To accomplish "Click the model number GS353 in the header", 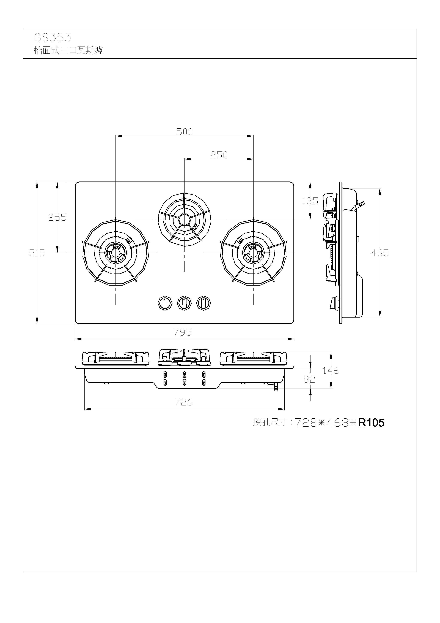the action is pos(53,37).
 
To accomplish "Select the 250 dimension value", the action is pos(219,155).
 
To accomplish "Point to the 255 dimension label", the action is pos(57,217).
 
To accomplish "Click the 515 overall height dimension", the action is pos(37,253).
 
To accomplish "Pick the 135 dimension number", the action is pos(310,201).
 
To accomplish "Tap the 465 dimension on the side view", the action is pos(380,253).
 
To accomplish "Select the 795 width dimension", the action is pos(183,332).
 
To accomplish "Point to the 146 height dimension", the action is pos(331,370).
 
